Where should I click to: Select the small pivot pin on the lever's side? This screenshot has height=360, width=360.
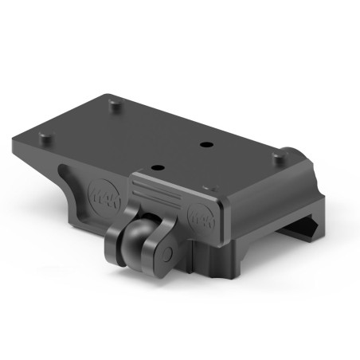[x=169, y=253]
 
